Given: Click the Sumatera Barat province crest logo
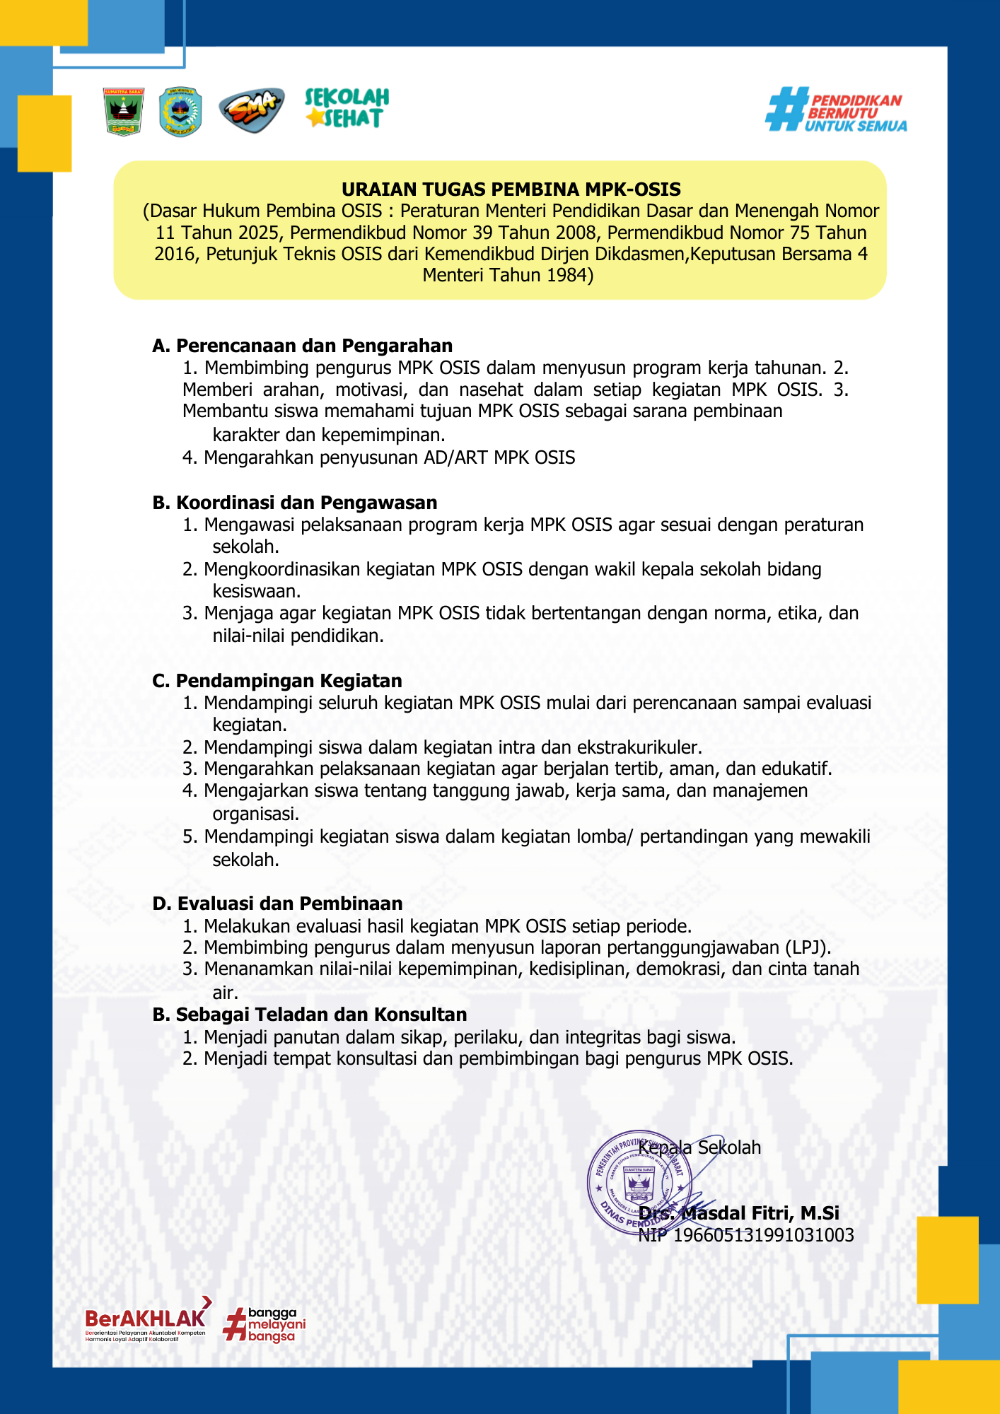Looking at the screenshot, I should pyautogui.click(x=124, y=112).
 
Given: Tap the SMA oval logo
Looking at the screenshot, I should pyautogui.click(x=251, y=111).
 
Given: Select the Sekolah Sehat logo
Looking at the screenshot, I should pyautogui.click(x=347, y=108).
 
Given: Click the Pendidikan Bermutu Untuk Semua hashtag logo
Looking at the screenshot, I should pyautogui.click(x=836, y=110).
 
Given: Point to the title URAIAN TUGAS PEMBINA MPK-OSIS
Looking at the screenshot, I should pyautogui.click(x=511, y=189).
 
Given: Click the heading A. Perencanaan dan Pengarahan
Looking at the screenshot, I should pyautogui.click(x=303, y=346).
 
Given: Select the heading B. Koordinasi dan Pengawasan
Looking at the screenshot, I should pyautogui.click(x=295, y=503).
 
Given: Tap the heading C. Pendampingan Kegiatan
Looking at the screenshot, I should pyautogui.click(x=277, y=681).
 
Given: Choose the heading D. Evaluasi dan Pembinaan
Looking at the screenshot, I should pyautogui.click(x=278, y=904).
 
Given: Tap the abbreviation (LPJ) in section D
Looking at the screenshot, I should pyautogui.click(x=806, y=947).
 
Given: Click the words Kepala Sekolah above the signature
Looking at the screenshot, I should pyautogui.click(x=700, y=1147).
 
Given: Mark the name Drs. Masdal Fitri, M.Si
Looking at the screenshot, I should pyautogui.click(x=739, y=1213).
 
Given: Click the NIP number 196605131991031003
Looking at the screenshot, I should pyautogui.click(x=764, y=1235).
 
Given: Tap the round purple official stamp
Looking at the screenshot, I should pyautogui.click(x=639, y=1182).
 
